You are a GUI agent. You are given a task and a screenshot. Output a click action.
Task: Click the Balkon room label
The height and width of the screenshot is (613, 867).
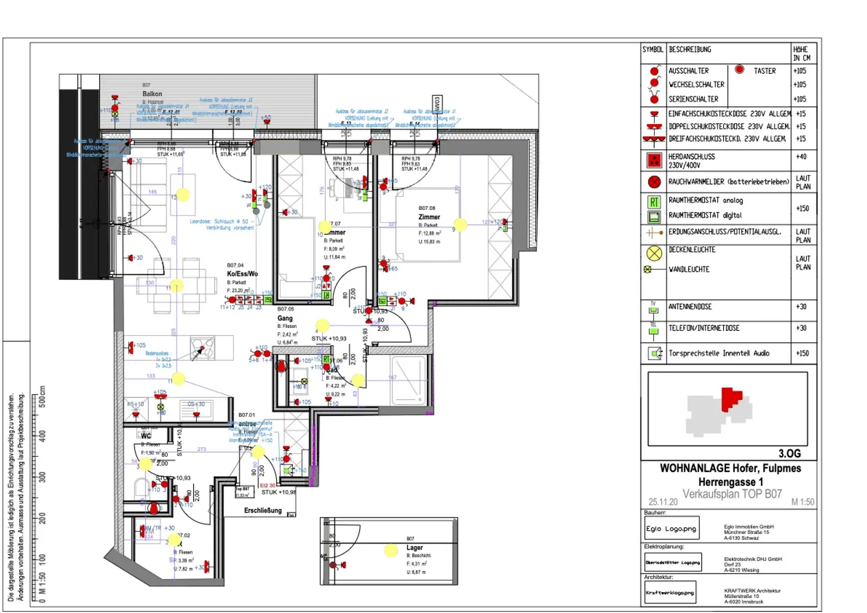click(152, 94)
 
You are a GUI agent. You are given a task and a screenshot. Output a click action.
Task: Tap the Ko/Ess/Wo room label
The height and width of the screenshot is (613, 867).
click(242, 274)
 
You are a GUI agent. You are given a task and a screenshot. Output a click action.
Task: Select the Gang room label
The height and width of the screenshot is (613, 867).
click(285, 318)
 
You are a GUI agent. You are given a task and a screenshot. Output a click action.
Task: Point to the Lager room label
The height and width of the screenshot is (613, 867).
click(414, 548)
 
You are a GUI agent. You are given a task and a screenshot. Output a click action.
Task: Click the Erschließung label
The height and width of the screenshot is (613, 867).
click(262, 510)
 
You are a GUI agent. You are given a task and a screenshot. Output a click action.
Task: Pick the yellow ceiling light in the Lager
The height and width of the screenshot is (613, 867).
click(391, 550)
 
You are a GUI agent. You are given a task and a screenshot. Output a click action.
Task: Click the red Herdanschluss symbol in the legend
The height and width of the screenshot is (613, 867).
click(654, 160)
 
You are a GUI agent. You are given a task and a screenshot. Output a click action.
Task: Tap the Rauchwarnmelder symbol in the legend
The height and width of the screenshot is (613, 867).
click(654, 182)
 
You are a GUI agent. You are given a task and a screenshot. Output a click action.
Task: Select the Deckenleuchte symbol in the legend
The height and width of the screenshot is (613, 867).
click(654, 253)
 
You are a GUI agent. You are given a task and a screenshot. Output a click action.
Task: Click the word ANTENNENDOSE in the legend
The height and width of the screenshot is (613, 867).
click(690, 306)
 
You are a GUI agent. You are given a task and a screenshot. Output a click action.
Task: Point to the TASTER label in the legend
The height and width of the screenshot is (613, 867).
click(764, 71)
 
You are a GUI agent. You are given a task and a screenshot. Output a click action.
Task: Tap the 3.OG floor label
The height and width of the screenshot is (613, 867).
click(789, 453)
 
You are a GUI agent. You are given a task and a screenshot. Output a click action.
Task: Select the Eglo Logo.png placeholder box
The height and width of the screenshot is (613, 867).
click(671, 529)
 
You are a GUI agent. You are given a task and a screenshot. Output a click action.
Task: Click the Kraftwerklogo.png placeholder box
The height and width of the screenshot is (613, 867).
click(670, 593)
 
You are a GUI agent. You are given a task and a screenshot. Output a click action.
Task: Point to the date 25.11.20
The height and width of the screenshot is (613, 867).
click(663, 502)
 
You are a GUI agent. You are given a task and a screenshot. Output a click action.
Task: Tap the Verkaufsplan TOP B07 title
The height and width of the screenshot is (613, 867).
click(732, 494)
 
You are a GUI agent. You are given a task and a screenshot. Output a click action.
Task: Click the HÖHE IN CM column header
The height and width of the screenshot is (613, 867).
click(801, 54)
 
